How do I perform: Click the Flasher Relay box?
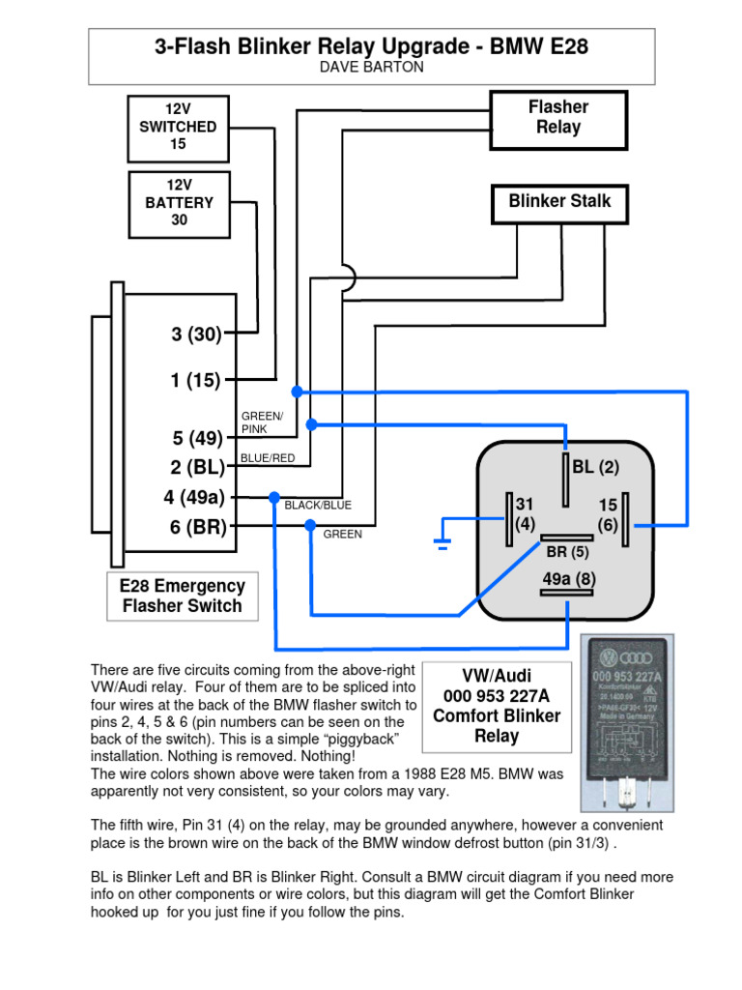tap(558, 119)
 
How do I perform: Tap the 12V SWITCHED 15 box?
tap(178, 128)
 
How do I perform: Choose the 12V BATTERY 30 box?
tap(179, 203)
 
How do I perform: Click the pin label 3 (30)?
tap(197, 335)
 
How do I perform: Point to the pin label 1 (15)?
tap(196, 381)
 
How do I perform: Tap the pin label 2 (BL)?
tap(197, 468)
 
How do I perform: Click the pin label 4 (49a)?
tap(194, 498)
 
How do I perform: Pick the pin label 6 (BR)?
tap(196, 527)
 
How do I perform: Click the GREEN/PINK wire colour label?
tap(262, 422)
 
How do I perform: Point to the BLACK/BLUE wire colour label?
tap(317, 505)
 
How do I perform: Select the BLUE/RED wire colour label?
tap(268, 458)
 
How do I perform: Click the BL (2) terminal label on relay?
tap(594, 468)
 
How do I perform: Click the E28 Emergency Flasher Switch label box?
tap(182, 597)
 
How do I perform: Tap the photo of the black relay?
tap(626, 722)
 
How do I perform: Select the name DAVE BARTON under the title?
tap(371, 67)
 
